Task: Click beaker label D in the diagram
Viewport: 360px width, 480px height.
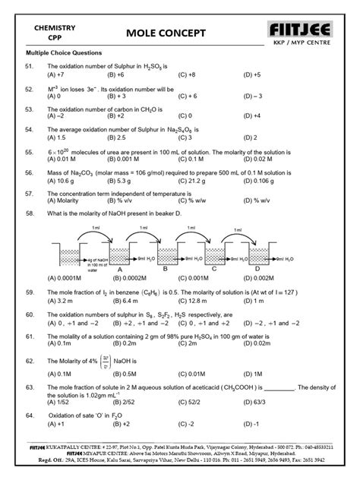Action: pos(257,268)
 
